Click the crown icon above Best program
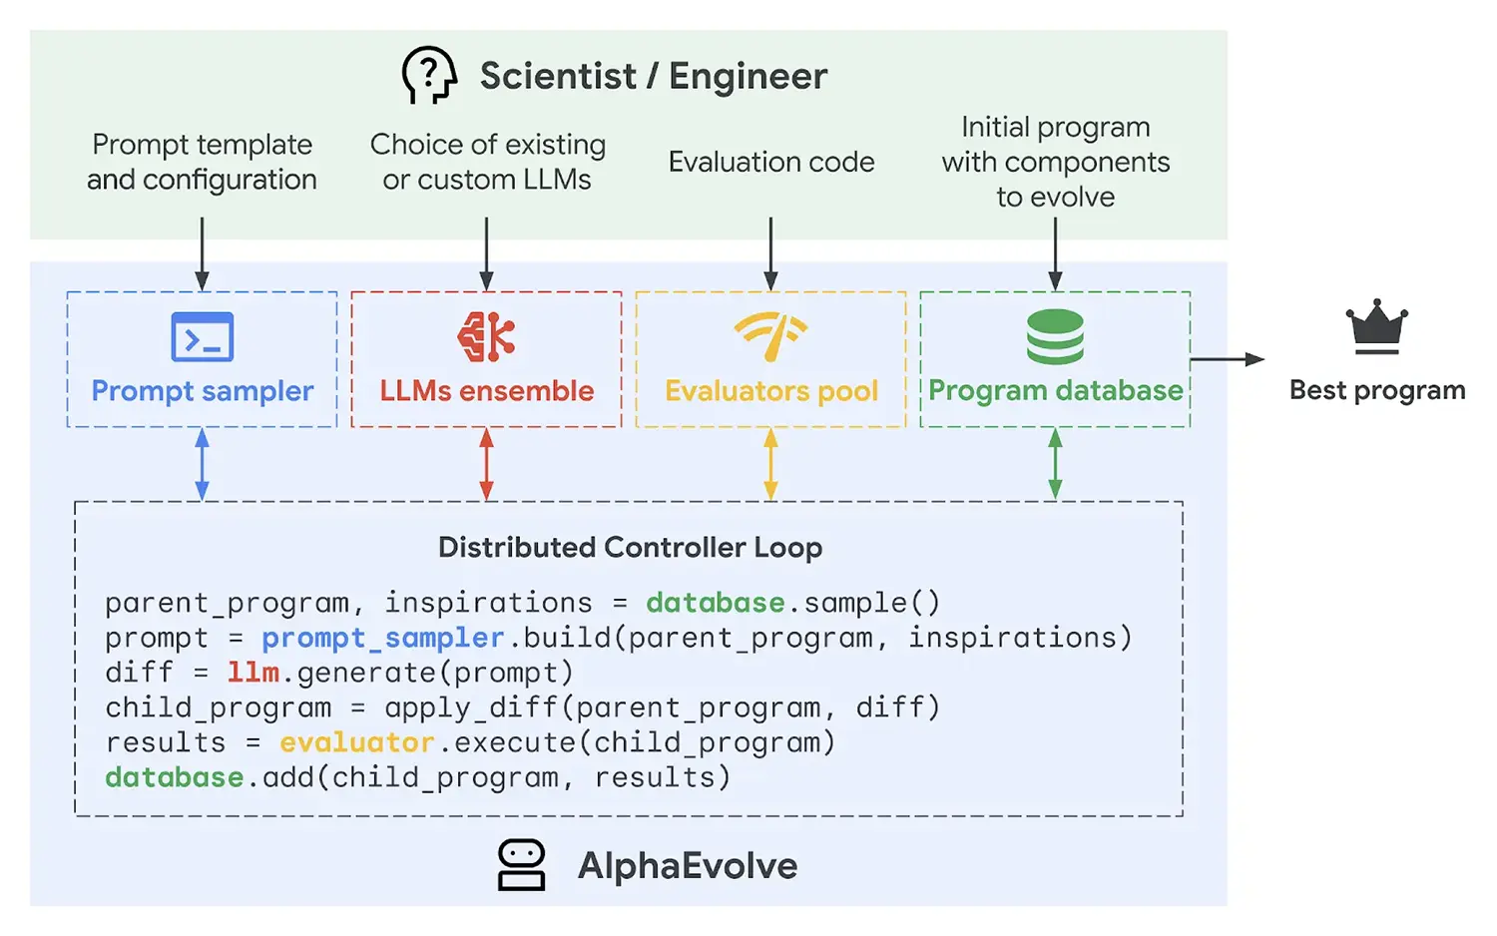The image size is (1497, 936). pos(1376,326)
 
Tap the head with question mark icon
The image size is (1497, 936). pos(428,75)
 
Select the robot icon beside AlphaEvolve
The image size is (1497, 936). pos(521,864)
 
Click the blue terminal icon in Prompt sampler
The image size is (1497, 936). pos(203,337)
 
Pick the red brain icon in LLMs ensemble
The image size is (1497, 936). pos(486,336)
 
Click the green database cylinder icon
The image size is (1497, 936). pos(1055,336)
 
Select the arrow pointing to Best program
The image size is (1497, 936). pos(1227,359)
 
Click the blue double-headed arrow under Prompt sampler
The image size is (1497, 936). pos(203,464)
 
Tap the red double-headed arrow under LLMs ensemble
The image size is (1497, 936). pos(486,464)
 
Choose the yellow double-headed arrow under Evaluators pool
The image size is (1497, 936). pos(770,464)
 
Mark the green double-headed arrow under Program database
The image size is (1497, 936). pos(1055,464)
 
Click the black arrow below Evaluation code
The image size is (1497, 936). pos(770,253)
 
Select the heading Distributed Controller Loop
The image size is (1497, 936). pos(630,547)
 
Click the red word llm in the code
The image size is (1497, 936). pos(252,673)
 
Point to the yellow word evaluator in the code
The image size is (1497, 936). pos(356,742)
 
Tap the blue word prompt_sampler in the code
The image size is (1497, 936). pos(382,638)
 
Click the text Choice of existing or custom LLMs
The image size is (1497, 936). pos(487,162)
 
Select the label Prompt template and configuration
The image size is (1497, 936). pos(202,162)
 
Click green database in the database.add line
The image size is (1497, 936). pos(174,777)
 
